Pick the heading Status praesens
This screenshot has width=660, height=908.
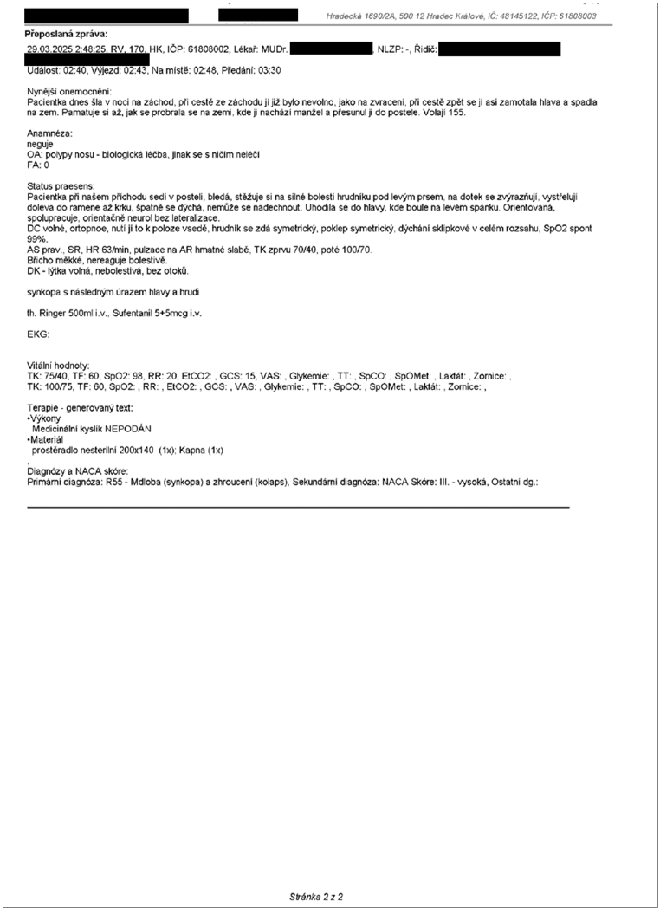(x=60, y=186)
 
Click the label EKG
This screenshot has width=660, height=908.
(x=38, y=334)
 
